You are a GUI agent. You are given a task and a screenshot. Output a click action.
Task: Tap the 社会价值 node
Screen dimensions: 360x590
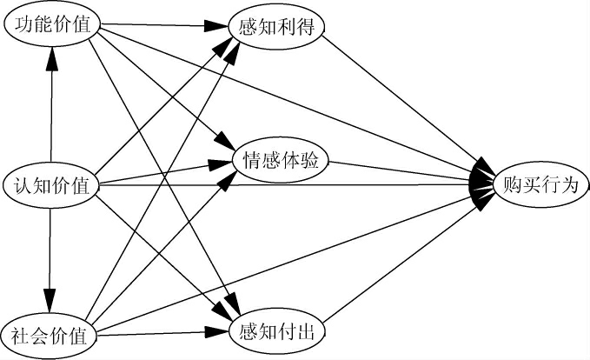click(50, 334)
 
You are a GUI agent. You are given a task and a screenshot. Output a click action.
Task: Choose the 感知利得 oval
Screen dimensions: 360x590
click(277, 27)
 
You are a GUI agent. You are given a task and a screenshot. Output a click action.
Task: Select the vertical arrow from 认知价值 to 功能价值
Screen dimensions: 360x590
click(52, 113)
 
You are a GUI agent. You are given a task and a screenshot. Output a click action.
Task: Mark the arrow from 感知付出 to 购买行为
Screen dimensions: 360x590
click(400, 261)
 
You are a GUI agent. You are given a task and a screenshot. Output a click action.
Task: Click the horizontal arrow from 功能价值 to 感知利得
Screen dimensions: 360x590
click(156, 27)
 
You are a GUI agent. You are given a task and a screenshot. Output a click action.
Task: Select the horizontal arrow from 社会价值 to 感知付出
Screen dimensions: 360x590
click(156, 332)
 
